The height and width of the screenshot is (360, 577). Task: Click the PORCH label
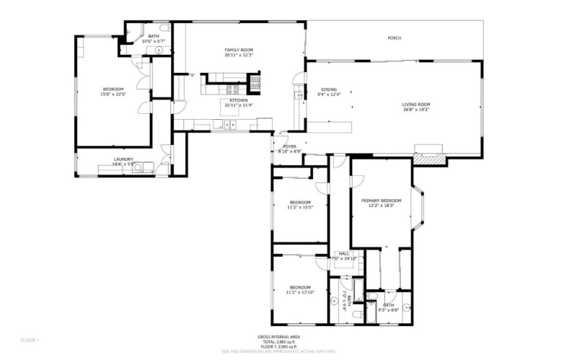coord(395,38)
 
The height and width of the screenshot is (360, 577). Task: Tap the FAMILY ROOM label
coord(239,50)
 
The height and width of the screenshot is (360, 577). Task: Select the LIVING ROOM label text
coord(416,105)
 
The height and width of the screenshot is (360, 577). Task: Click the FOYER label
coord(289,146)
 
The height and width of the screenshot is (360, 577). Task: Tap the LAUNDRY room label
coord(123,159)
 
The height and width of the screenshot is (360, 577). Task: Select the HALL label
coord(344,254)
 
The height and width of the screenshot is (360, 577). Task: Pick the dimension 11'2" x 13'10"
coord(299,292)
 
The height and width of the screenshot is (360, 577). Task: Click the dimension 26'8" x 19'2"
coord(416,110)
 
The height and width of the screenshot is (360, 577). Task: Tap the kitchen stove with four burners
coord(233,90)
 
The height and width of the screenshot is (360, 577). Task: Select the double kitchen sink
coord(230,126)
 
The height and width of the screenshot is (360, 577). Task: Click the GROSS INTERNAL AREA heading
coord(278,337)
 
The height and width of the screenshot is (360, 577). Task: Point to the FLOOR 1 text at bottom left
coord(30,340)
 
